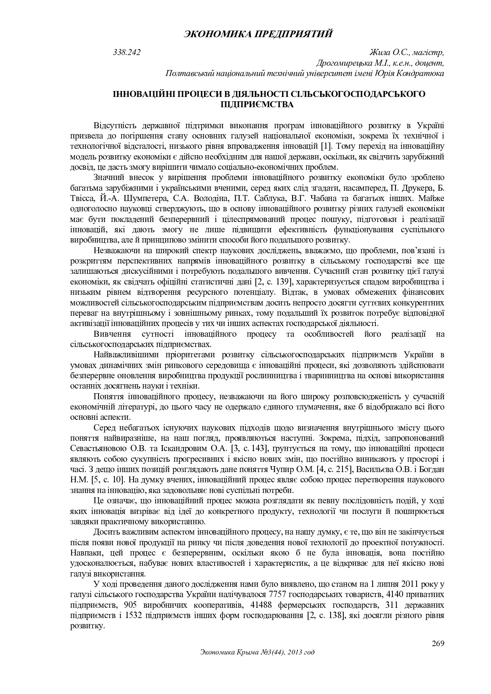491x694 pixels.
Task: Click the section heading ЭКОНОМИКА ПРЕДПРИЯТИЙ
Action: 258,34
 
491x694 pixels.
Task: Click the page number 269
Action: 438,643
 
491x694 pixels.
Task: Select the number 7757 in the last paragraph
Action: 277,595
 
